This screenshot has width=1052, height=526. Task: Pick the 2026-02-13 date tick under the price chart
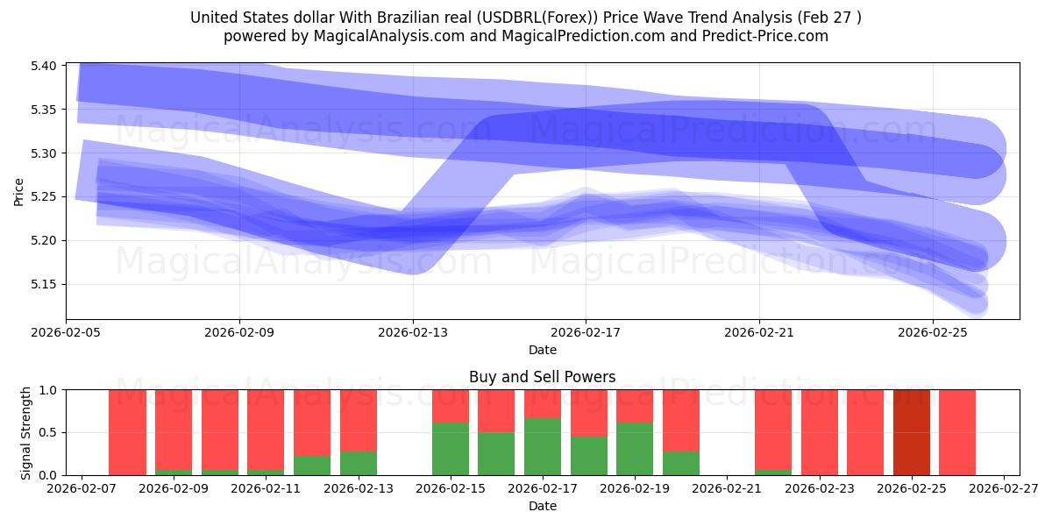[413, 334]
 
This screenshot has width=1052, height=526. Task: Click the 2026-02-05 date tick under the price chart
[67, 334]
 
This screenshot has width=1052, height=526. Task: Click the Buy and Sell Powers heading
[542, 377]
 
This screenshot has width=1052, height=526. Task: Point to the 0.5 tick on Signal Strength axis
[49, 432]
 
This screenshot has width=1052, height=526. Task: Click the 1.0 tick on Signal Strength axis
[49, 389]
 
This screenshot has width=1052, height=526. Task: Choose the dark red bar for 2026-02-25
[911, 432]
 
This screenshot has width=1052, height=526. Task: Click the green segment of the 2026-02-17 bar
[542, 447]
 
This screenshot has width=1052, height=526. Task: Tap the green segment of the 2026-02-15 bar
[450, 449]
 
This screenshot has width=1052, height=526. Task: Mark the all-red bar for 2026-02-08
[127, 432]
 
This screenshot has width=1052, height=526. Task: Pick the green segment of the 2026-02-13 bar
[358, 463]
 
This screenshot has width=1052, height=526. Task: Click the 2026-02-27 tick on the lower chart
[1003, 489]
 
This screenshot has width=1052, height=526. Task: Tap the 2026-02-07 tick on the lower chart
[82, 489]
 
